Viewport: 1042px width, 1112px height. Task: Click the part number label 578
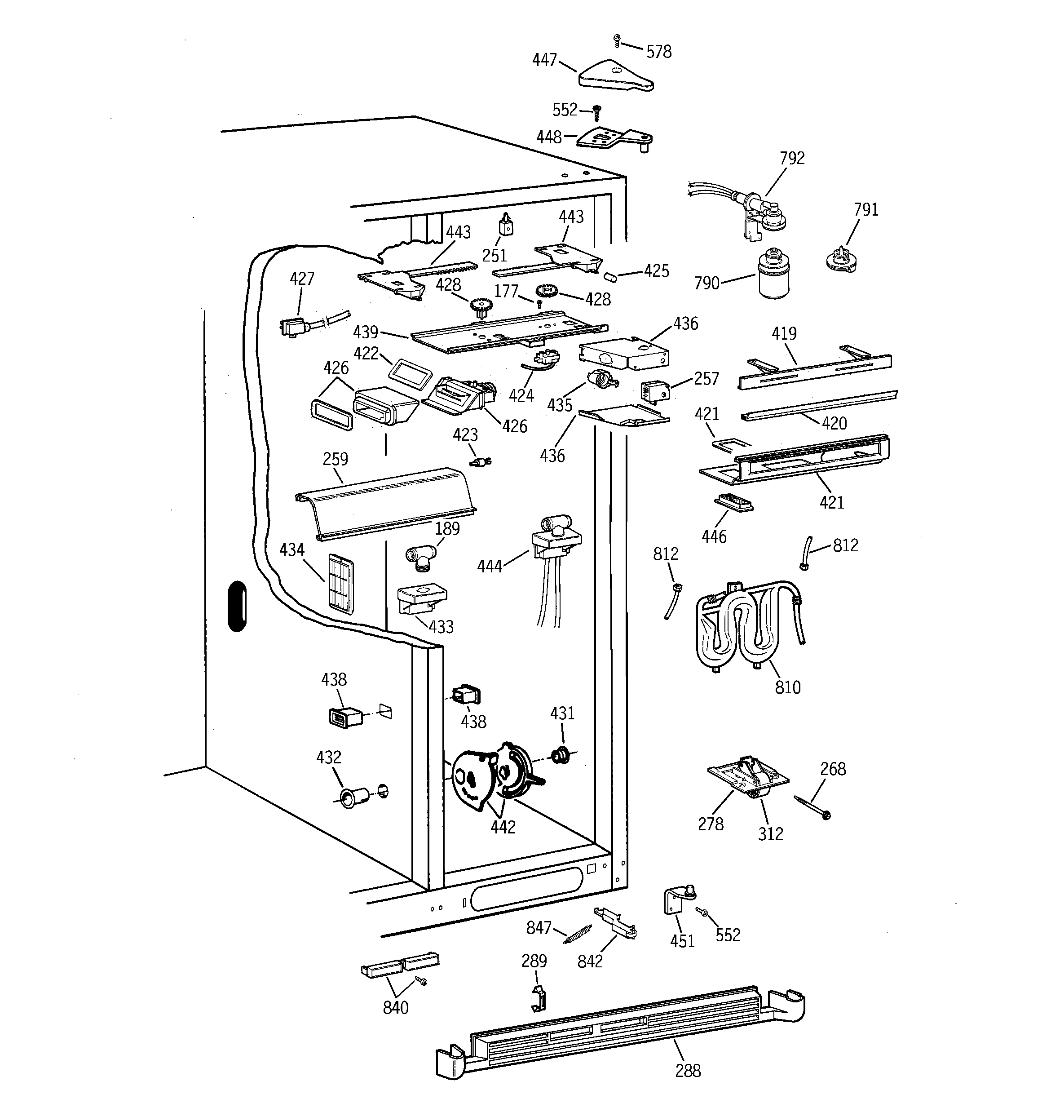pos(658,52)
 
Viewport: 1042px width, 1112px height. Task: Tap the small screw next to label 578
pos(616,40)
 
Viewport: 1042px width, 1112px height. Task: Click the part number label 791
pos(866,210)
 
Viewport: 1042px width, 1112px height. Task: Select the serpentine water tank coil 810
pos(750,625)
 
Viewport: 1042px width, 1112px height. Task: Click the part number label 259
pos(335,459)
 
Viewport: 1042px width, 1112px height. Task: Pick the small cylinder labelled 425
pos(609,277)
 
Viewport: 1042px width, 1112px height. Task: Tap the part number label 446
pos(714,537)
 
